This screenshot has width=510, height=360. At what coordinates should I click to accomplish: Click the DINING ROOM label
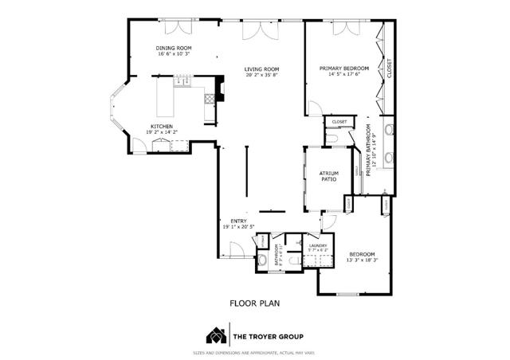(x=172, y=49)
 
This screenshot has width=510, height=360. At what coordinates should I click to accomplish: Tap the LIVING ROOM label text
(x=261, y=69)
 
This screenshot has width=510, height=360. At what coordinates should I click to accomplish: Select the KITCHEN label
(x=161, y=126)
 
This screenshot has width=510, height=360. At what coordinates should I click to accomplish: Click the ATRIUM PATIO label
(x=329, y=175)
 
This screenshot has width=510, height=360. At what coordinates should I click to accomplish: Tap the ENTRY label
(x=238, y=221)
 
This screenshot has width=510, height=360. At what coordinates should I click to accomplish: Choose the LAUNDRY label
(x=319, y=245)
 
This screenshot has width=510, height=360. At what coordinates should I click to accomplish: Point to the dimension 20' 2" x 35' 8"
(x=261, y=76)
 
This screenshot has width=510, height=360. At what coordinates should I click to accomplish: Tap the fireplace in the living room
(x=210, y=100)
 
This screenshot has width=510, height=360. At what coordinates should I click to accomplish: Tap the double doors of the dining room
(x=176, y=29)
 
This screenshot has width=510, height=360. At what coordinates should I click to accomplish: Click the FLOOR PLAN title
(x=254, y=303)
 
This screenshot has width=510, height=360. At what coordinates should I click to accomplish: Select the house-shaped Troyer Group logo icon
(x=215, y=334)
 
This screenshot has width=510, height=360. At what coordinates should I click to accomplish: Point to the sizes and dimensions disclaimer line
(x=254, y=353)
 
